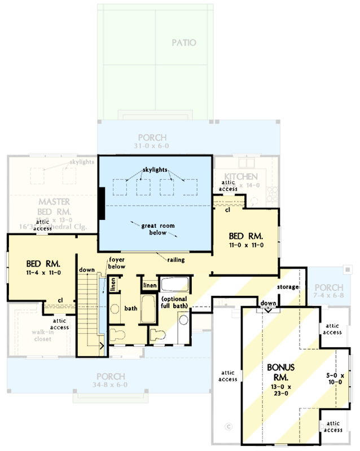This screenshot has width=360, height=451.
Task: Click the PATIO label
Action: (x=184, y=43)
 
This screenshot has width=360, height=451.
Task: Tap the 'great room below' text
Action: (x=158, y=229)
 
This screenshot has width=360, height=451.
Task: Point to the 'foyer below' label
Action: (x=117, y=263)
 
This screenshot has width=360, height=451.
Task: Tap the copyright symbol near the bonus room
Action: (x=229, y=425)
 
